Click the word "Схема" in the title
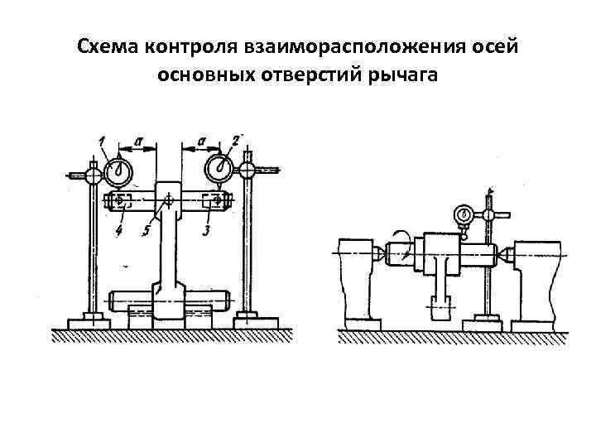pos(108,46)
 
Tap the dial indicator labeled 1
pos(119,171)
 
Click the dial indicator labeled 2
pos(221,168)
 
